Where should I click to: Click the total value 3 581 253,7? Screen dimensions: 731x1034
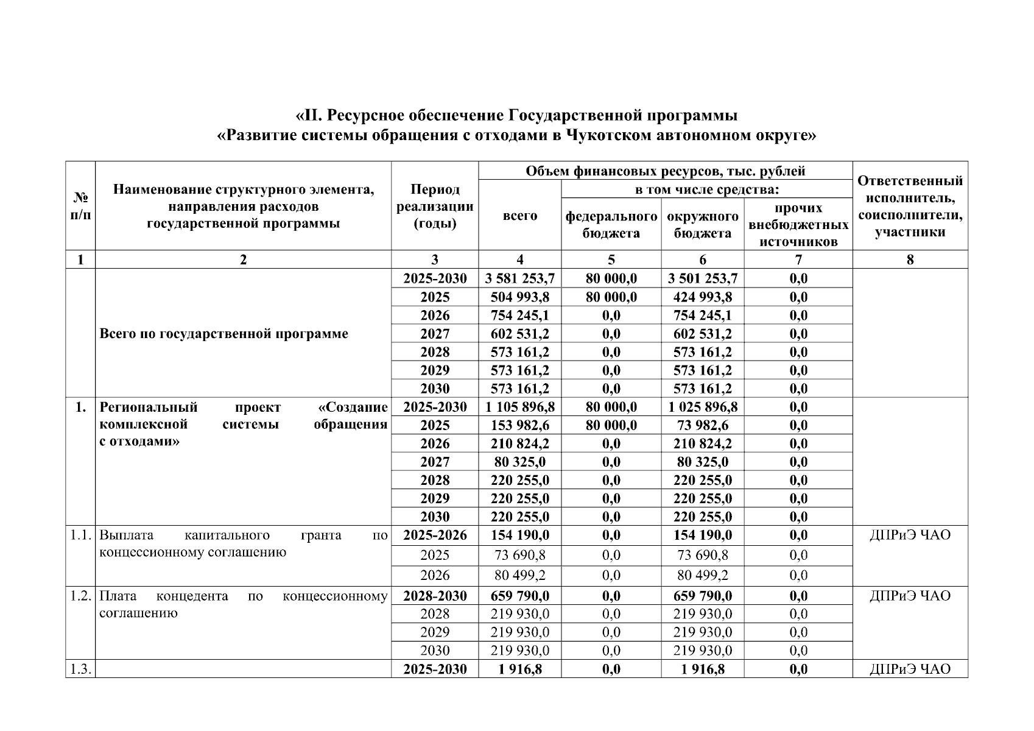pyautogui.click(x=519, y=278)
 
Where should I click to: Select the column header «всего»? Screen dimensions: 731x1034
pyautogui.click(x=519, y=216)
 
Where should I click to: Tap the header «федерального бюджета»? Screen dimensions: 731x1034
pyautogui.click(x=611, y=224)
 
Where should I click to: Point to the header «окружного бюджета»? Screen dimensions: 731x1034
pyautogui.click(x=702, y=224)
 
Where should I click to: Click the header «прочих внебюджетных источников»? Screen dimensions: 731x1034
pyautogui.click(x=798, y=224)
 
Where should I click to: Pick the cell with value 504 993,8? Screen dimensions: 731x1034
pyautogui.click(x=519, y=297)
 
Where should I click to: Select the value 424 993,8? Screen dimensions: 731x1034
pyautogui.click(x=702, y=297)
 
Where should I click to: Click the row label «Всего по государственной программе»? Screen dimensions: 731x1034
pyautogui.click(x=223, y=333)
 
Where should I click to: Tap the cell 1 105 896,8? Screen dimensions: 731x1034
pyautogui.click(x=519, y=406)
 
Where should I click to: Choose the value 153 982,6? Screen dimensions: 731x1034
pyautogui.click(x=519, y=425)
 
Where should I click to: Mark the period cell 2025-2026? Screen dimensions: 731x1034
pyautogui.click(x=435, y=535)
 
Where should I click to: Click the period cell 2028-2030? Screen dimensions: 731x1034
pyautogui.click(x=435, y=595)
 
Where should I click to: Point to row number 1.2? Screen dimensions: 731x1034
pyautogui.click(x=80, y=595)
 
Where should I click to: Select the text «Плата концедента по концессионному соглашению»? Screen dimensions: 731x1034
pyautogui.click(x=243, y=604)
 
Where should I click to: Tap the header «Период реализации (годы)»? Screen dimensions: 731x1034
pyautogui.click(x=435, y=206)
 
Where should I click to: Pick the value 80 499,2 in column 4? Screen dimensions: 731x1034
pyautogui.click(x=519, y=575)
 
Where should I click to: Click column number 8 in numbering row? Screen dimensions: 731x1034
pyautogui.click(x=910, y=260)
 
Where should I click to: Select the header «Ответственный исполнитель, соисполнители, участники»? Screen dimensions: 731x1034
pyautogui.click(x=910, y=206)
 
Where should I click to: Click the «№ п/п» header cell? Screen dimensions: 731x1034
pyautogui.click(x=80, y=206)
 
